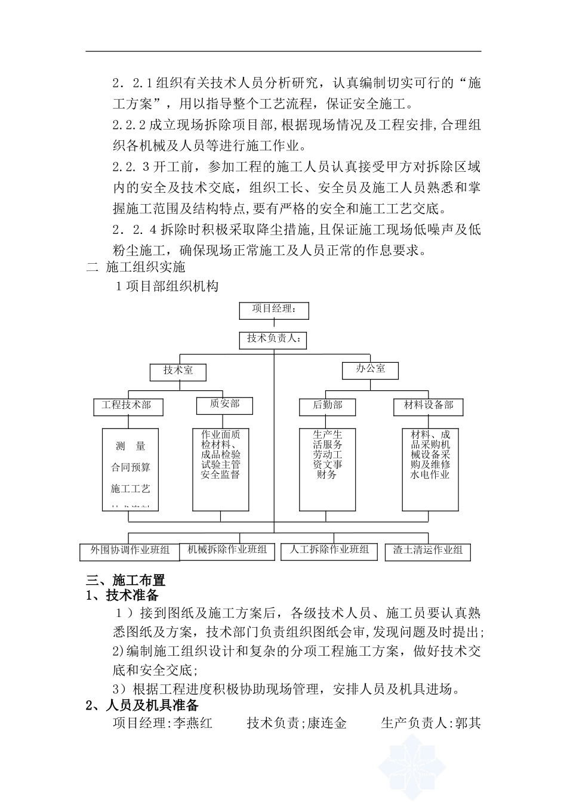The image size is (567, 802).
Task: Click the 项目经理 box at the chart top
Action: click(274, 310)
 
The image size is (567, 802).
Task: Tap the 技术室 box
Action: click(178, 371)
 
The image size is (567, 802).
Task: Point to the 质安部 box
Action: click(224, 405)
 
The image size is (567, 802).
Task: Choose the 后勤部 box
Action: click(328, 406)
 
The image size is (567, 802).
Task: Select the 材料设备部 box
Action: click(429, 406)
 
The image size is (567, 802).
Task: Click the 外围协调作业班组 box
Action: click(130, 551)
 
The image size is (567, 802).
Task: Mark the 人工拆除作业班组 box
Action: click(329, 550)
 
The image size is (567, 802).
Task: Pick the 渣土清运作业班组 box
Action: click(428, 551)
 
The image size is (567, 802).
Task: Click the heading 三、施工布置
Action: click(126, 580)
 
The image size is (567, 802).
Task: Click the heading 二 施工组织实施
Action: click(136, 267)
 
